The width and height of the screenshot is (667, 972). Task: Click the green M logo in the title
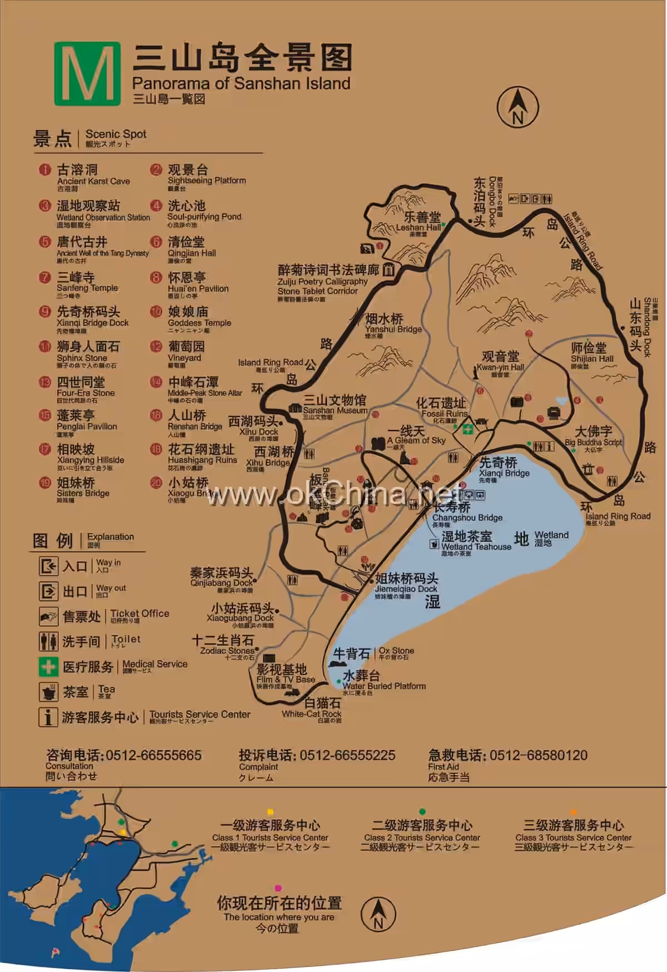pyautogui.click(x=87, y=74)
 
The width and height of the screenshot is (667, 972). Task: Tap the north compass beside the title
pyautogui.click(x=517, y=107)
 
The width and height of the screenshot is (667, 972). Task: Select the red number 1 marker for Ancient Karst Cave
pyautogui.click(x=45, y=170)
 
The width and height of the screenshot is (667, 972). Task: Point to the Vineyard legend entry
pyautogui.click(x=186, y=352)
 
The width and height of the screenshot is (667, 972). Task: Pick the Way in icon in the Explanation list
pyautogui.click(x=48, y=566)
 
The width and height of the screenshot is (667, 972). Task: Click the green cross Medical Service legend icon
pyautogui.click(x=48, y=666)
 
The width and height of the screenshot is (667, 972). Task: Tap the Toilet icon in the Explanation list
pyautogui.click(x=48, y=641)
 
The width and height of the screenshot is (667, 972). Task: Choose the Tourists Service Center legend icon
pyautogui.click(x=48, y=717)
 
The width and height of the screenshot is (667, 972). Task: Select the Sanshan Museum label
pyautogui.click(x=334, y=405)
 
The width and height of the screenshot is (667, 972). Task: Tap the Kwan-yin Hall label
pyautogui.click(x=500, y=361)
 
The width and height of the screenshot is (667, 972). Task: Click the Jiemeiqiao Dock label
pyautogui.click(x=406, y=584)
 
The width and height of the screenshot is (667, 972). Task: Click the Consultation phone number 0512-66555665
pyautogui.click(x=153, y=755)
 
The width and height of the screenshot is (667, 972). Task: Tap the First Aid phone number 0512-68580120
pyautogui.click(x=538, y=755)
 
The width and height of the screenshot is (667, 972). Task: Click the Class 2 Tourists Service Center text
pyautogui.click(x=422, y=837)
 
